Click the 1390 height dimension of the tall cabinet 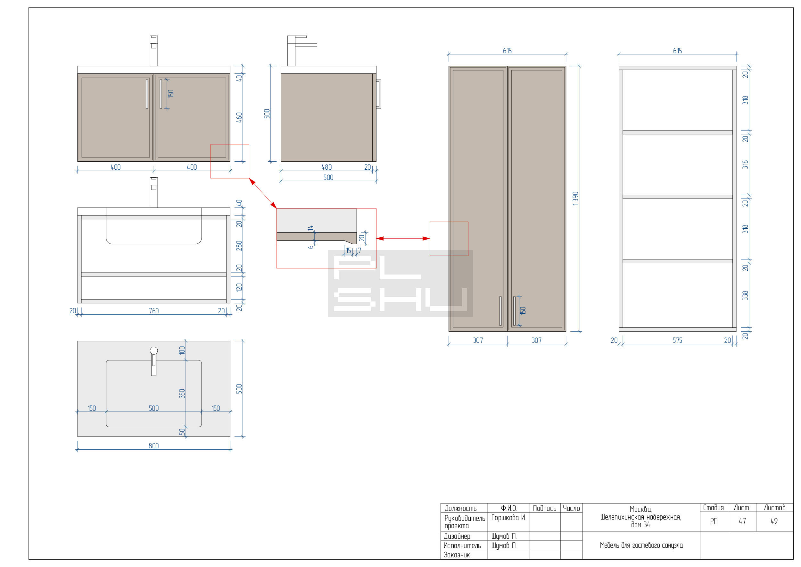pyautogui.click(x=575, y=198)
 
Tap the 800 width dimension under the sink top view pyautogui.click(x=153, y=446)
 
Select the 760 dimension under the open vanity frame pyautogui.click(x=153, y=311)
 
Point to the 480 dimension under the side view pyautogui.click(x=326, y=167)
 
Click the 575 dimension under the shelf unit pyautogui.click(x=677, y=340)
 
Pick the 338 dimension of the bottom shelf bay pyautogui.click(x=745, y=295)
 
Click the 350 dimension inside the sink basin pyautogui.click(x=182, y=394)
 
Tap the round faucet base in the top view pyautogui.click(x=154, y=351)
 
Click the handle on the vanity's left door pyautogui.click(x=147, y=94)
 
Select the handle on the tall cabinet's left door pyautogui.click(x=500, y=311)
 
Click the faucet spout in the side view pyautogui.click(x=306, y=45)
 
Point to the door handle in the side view pyautogui.click(x=378, y=94)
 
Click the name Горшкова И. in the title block pyautogui.click(x=508, y=517)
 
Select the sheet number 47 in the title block pyautogui.click(x=742, y=521)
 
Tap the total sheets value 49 pyautogui.click(x=774, y=521)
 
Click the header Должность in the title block pyautogui.click(x=460, y=508)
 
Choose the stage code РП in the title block pyautogui.click(x=714, y=521)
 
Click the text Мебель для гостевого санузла pyautogui.click(x=641, y=546)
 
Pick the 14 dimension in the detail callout pyautogui.click(x=310, y=228)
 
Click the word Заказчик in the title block pyautogui.click(x=457, y=555)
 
